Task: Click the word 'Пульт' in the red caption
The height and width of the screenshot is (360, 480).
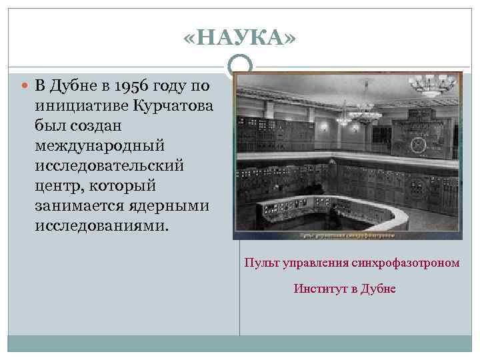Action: pos(259,263)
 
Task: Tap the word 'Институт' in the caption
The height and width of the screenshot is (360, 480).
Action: pos(316,289)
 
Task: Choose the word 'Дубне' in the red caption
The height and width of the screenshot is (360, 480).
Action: pos(379,289)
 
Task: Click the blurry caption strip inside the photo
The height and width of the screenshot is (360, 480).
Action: pos(347,235)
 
